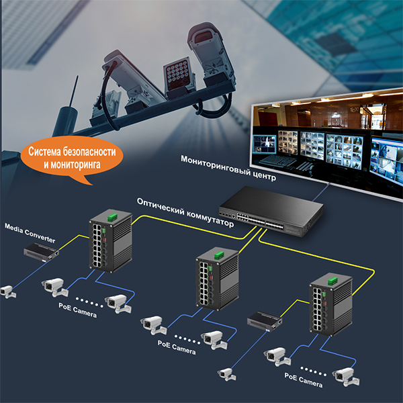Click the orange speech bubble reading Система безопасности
(x=72, y=158)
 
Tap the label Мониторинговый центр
(x=228, y=168)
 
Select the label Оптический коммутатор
(x=185, y=212)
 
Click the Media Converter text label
(x=30, y=233)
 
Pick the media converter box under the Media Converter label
(x=42, y=253)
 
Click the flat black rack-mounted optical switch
(x=271, y=211)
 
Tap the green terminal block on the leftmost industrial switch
(x=112, y=218)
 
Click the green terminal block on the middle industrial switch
(x=219, y=255)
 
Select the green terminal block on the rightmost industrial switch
(x=332, y=281)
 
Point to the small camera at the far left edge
(x=7, y=292)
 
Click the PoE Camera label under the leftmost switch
(x=78, y=310)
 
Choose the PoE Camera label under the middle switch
(x=177, y=347)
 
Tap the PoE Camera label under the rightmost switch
(x=304, y=380)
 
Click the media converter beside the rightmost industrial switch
(x=265, y=321)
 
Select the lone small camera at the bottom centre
(x=226, y=374)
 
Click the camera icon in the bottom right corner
(x=346, y=377)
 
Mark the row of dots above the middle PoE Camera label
(x=187, y=339)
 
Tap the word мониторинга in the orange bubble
(x=75, y=165)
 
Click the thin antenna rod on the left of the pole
(x=73, y=91)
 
